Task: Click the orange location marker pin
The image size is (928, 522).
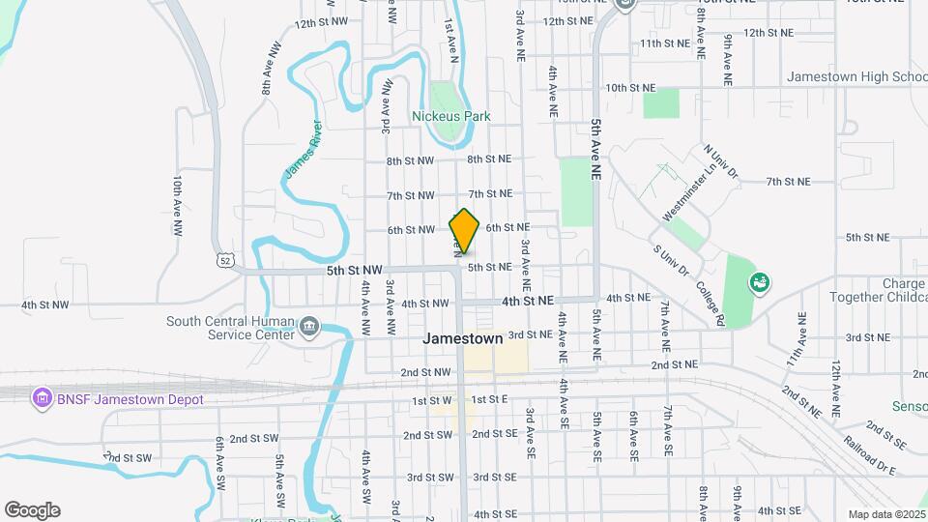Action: (464, 231)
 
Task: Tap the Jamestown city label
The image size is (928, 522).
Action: (463, 339)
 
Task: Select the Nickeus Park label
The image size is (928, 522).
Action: (451, 116)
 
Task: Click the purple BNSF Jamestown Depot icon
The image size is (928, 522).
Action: (42, 398)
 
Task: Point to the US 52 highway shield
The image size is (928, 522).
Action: (225, 260)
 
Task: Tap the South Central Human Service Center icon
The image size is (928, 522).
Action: (309, 327)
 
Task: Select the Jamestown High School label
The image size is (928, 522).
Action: (856, 76)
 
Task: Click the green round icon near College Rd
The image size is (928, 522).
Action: (760, 282)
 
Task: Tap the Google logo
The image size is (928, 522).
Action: (32, 509)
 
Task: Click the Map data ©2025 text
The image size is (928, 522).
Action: (884, 514)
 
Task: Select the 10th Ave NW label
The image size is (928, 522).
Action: (178, 205)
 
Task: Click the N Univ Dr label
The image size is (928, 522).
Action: (721, 163)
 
